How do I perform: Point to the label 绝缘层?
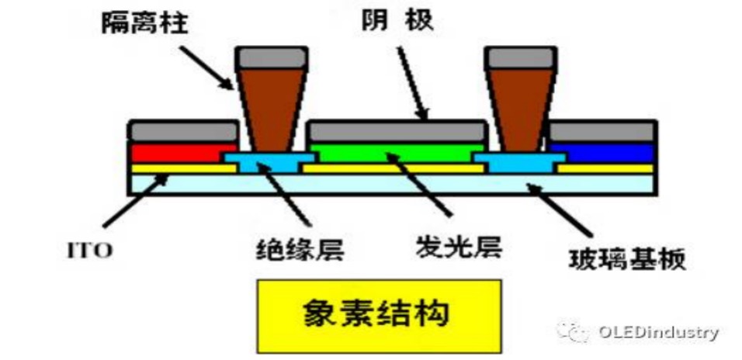300,249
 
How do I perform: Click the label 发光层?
459,247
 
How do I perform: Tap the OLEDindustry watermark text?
658,332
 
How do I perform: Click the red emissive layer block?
180,152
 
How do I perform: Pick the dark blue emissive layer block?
602,151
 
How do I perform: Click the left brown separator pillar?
267,109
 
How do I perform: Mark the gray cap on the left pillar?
267,57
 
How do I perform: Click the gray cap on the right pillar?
517,57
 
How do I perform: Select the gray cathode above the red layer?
182,130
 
